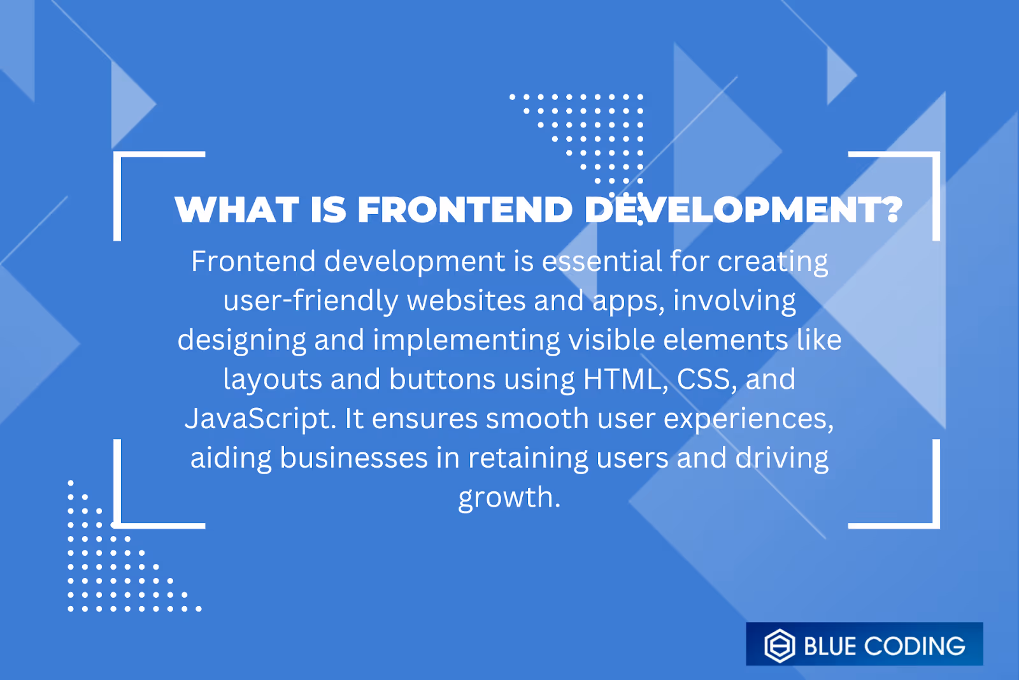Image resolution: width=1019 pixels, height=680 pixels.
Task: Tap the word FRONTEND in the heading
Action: pos(466,210)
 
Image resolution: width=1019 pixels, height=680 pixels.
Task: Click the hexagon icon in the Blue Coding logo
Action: pos(780,646)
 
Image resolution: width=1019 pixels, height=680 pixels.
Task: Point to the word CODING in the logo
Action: pos(915,646)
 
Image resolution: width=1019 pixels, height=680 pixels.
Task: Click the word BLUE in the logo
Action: pos(830,646)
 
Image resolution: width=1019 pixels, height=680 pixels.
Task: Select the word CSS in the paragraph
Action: pos(703,379)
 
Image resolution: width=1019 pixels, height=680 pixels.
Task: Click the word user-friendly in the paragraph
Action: pos(311,301)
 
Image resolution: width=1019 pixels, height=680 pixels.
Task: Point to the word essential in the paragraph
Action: pos(602,262)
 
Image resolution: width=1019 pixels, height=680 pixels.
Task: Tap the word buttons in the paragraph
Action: pos(443,379)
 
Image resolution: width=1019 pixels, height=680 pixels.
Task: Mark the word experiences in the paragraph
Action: pos(748,419)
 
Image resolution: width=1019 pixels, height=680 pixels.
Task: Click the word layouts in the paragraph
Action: pos(273,380)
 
